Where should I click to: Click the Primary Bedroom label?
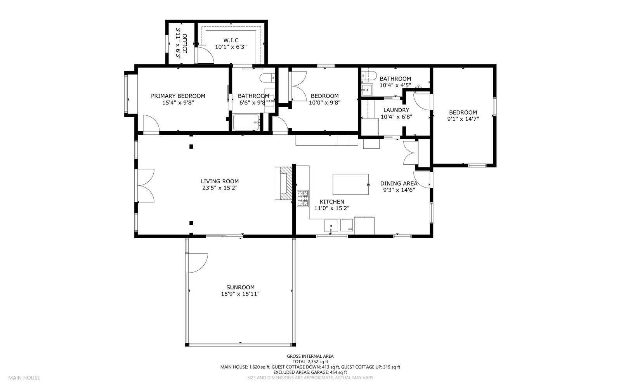pos(178,96)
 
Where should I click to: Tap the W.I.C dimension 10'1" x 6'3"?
pos(231,47)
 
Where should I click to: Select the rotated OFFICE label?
pos(185,43)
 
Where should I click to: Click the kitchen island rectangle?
pos(350,184)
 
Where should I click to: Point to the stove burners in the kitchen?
pos(303,198)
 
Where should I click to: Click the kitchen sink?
pos(331,226)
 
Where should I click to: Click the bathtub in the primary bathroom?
pos(246,122)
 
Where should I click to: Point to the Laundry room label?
pos(396,110)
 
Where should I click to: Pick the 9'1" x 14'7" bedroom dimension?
pos(463,119)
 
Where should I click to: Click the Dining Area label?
pos(399,183)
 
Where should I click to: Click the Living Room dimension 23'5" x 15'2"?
pos(219,188)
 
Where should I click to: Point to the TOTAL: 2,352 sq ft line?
pos(310,361)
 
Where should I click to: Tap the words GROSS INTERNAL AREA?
pos(310,356)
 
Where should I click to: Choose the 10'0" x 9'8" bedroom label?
pos(324,103)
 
